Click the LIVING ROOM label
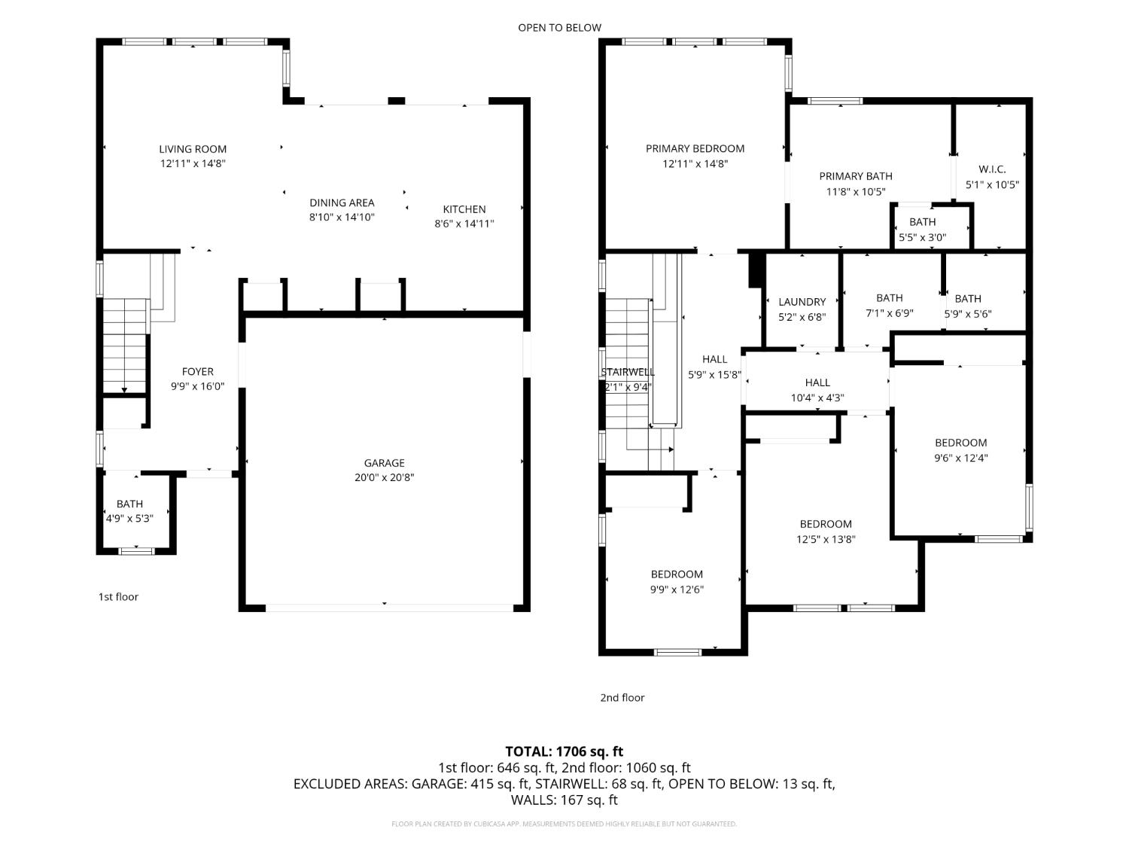[x=193, y=149]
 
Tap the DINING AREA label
[x=342, y=203]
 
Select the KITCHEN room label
[x=464, y=209]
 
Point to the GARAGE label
[x=385, y=463]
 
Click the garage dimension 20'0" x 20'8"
[x=385, y=477]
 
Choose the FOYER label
[x=198, y=371]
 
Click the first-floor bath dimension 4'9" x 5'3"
[x=129, y=518]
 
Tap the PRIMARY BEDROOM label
[x=695, y=148]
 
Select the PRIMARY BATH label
[x=856, y=176]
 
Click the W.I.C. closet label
[x=992, y=169]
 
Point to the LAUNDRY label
[x=802, y=302]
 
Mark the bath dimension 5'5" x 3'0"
[x=922, y=237]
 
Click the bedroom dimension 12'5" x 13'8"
[x=826, y=539]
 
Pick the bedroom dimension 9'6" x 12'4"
[x=960, y=458]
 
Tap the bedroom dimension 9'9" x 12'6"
[x=677, y=590]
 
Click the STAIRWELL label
[x=628, y=372]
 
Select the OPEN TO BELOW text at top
[x=559, y=28]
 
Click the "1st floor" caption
[x=118, y=597]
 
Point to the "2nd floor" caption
[x=622, y=698]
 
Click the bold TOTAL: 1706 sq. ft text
[x=564, y=751]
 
